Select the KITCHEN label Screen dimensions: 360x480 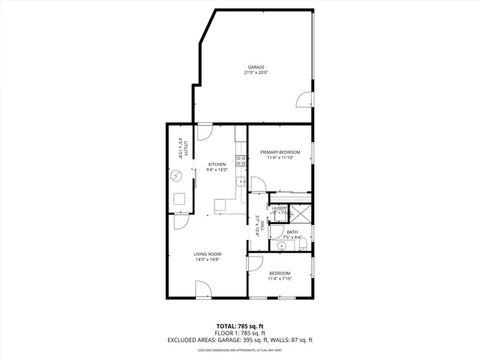(x=217, y=164)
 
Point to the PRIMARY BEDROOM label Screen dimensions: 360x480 (x=280, y=152)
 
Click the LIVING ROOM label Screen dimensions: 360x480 (x=206, y=254)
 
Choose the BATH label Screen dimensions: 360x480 (x=292, y=232)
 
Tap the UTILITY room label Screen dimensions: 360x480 (x=177, y=148)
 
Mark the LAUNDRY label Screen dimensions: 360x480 (x=279, y=208)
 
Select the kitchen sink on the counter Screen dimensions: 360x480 (x=241, y=181)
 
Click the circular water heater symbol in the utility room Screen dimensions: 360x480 (x=175, y=176)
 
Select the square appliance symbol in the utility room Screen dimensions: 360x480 (x=180, y=199)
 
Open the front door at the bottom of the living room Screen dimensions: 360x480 (x=202, y=289)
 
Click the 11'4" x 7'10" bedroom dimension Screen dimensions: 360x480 (x=280, y=279)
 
